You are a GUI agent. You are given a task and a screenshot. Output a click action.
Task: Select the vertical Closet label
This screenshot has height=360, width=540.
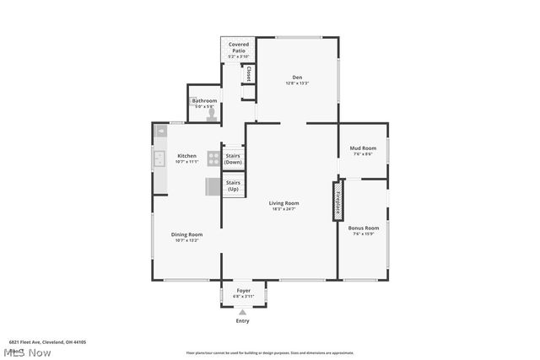tap(249, 74)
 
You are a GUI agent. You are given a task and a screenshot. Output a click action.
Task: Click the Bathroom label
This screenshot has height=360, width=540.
tap(204, 101)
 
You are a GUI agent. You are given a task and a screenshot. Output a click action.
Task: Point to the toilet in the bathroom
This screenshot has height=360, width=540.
tap(213, 112)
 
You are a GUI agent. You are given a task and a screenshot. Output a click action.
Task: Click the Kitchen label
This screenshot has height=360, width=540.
tap(186, 156)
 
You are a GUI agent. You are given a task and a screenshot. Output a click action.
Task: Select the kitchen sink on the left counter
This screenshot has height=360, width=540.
tap(159, 158)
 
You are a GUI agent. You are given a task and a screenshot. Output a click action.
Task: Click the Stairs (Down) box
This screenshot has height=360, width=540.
tap(233, 159)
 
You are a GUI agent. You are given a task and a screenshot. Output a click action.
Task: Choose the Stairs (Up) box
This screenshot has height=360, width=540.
tap(233, 185)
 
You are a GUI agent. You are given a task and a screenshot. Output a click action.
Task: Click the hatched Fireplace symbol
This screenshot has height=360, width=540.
tap(338, 201)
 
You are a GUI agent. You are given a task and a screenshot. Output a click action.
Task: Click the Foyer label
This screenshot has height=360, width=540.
tap(243, 291)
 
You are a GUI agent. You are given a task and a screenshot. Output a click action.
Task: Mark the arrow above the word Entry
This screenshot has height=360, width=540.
tap(243, 312)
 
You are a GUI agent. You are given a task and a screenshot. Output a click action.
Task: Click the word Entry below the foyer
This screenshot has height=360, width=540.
tap(243, 321)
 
